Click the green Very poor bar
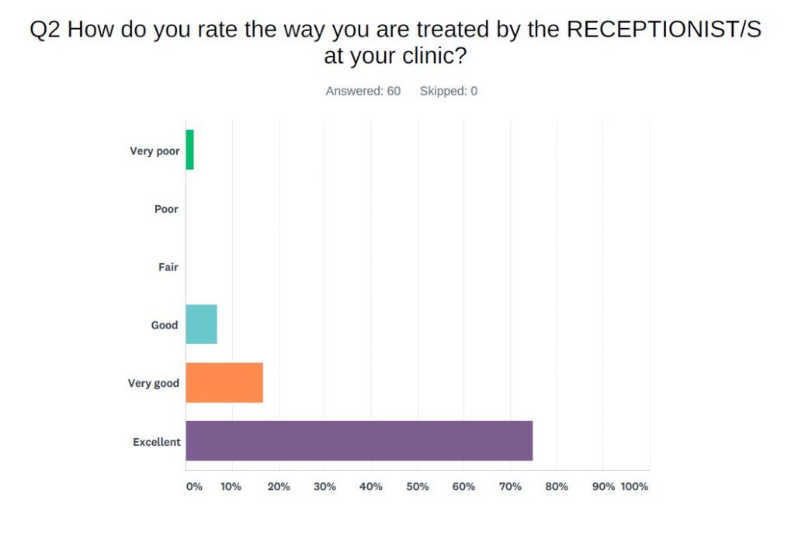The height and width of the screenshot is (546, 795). tap(189, 150)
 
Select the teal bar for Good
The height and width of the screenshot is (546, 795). tap(201, 325)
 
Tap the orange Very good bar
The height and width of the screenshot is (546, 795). tap(224, 383)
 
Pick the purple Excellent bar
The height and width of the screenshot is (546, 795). tap(359, 441)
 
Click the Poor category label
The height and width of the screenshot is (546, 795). tap(166, 209)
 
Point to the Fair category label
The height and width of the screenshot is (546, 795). tap(168, 267)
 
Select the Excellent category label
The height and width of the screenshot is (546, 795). tap(156, 442)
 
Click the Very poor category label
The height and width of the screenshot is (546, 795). tap(154, 151)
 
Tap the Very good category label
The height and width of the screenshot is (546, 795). tap(153, 384)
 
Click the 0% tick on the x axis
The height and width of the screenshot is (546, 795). tap(193, 487)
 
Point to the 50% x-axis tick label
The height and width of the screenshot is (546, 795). tap(417, 487)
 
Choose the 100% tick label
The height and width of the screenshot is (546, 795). tap(634, 487)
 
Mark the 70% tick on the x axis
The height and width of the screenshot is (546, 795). tap(510, 487)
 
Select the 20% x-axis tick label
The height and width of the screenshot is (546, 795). tap(278, 487)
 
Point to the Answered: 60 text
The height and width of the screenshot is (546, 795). tap(363, 91)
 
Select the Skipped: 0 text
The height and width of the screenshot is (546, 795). tap(448, 91)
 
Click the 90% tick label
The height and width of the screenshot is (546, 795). tap(603, 487)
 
